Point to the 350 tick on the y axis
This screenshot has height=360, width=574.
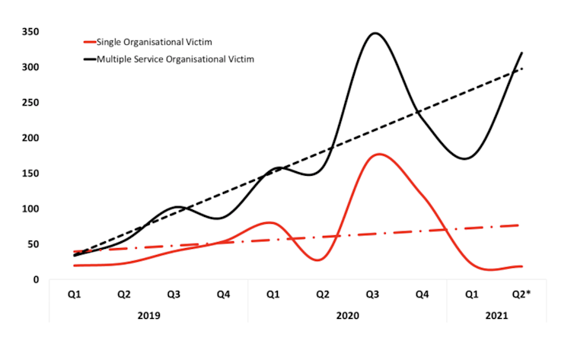tap(30, 32)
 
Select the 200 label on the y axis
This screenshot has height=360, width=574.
tap(30, 138)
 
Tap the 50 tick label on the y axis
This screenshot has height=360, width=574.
tap(33, 244)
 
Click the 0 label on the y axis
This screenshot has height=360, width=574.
tap(37, 279)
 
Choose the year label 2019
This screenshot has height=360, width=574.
tap(149, 314)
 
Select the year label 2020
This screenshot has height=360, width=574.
tap(347, 314)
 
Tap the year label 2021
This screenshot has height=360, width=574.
tap(496, 314)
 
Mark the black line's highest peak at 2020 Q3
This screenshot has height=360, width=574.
tap(374, 33)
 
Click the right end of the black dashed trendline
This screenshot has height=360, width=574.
tap(521, 68)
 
